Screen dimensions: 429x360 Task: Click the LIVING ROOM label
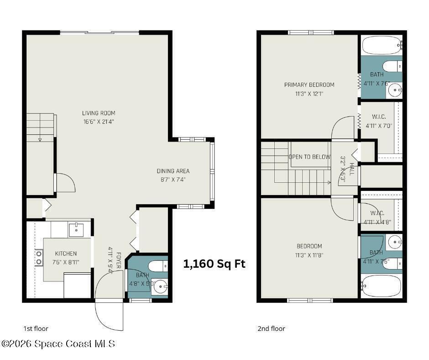[99, 113]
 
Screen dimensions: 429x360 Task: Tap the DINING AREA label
[173, 171]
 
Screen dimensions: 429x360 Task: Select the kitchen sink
[76, 230]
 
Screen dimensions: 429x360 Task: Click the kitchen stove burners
[39, 258]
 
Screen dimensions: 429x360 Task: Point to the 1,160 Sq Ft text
[214, 264]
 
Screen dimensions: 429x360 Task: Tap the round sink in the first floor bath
[160, 287]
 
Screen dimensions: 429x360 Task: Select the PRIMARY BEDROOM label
[309, 85]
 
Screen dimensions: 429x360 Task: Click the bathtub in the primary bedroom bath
[382, 45]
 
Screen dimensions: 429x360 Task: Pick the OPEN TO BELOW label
[309, 157]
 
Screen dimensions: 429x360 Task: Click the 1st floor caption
[36, 328]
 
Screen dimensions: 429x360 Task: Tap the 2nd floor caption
[271, 328]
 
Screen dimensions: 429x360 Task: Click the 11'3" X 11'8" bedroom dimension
[309, 255]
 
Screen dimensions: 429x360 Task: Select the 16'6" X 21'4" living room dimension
[99, 122]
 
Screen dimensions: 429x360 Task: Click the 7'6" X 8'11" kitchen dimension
[66, 262]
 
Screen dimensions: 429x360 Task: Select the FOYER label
[119, 260]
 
